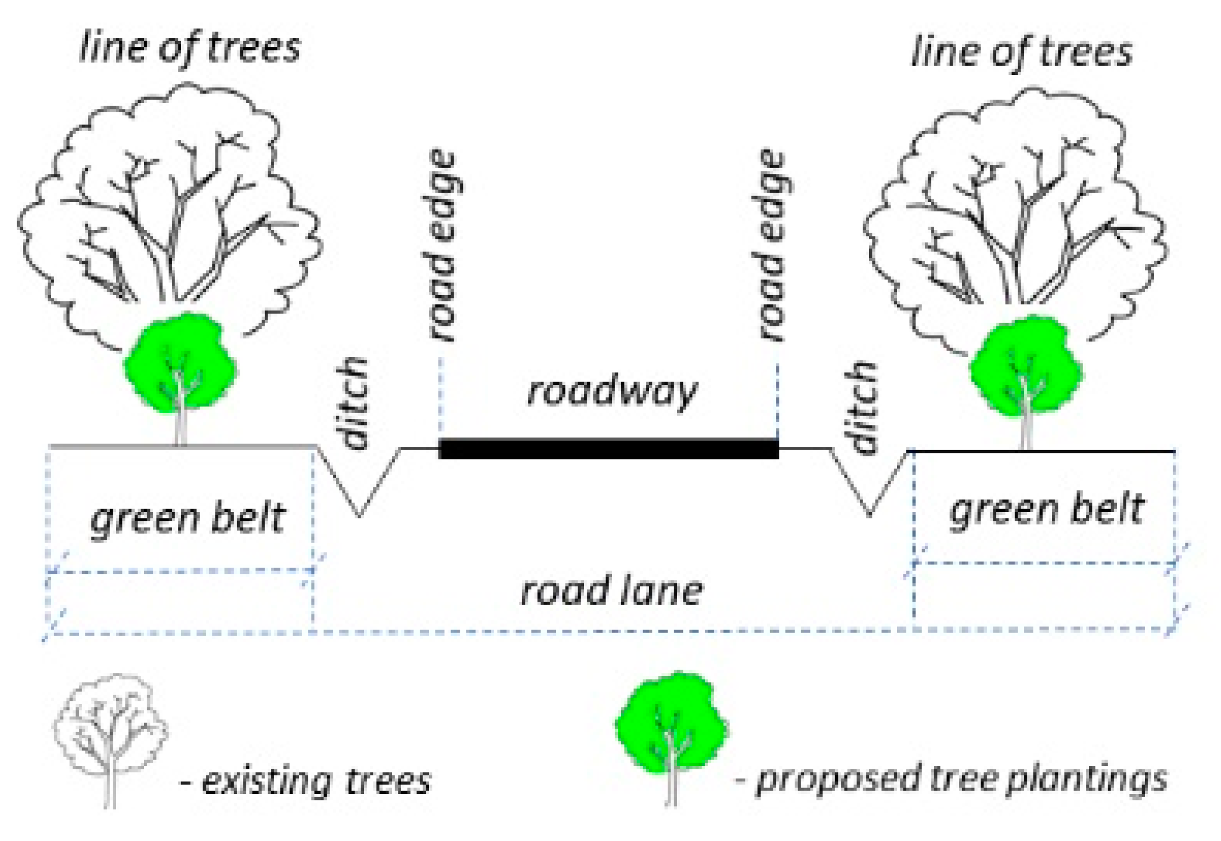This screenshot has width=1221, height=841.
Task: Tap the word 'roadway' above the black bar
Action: pyautogui.click(x=612, y=391)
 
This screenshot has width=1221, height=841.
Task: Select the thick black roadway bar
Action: pyautogui.click(x=609, y=449)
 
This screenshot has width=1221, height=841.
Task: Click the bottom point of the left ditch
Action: pyautogui.click(x=359, y=515)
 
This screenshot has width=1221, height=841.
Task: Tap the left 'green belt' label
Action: pyautogui.click(x=187, y=519)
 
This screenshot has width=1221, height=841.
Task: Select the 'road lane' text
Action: pyautogui.click(x=611, y=592)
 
